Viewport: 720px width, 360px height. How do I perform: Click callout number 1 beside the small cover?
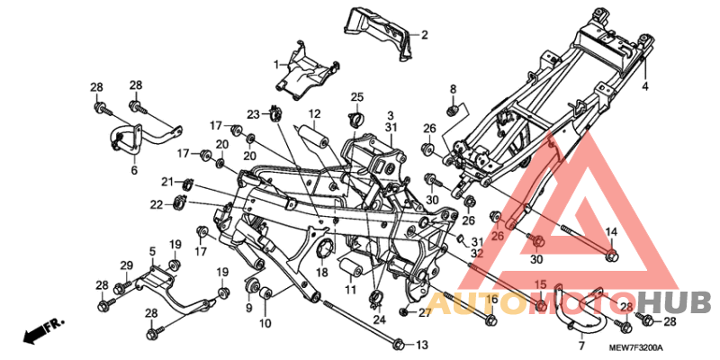(277, 64)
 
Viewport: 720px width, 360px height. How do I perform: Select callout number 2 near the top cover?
(424, 35)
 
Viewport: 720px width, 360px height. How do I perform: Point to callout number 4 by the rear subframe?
(644, 86)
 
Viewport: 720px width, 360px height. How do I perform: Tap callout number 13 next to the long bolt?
(422, 345)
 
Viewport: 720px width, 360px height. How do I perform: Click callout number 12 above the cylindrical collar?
(316, 114)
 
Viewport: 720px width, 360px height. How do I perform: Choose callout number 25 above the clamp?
(356, 97)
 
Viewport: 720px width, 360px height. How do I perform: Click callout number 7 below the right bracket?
(580, 345)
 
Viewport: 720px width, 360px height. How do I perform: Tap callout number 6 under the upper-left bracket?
(134, 169)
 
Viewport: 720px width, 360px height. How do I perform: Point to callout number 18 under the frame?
(321, 272)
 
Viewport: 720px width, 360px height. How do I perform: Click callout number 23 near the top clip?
(254, 114)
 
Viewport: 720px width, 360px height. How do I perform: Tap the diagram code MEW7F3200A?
(634, 348)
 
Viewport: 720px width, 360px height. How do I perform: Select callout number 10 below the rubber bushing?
(266, 322)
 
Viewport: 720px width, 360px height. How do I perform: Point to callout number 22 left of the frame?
(157, 204)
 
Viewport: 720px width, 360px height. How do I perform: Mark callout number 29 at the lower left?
(127, 265)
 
